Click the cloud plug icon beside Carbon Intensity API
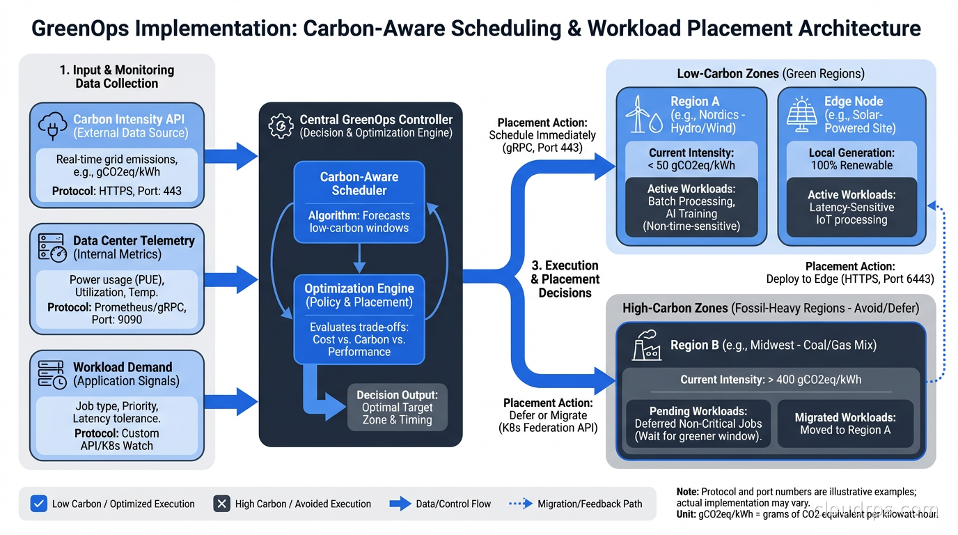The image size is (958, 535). click(54, 126)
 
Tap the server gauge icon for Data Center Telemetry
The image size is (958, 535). click(52, 248)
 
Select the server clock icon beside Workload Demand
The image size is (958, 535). click(52, 374)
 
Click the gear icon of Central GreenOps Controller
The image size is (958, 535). click(280, 125)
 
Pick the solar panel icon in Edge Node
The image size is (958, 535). click(801, 115)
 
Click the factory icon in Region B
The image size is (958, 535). click(647, 346)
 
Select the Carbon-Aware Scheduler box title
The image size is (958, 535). click(359, 184)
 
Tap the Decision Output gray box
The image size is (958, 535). click(396, 407)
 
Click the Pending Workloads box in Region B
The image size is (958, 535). click(698, 424)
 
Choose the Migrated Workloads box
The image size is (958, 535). click(845, 424)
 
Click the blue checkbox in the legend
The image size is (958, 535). click(39, 504)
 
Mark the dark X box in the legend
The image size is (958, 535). click(222, 504)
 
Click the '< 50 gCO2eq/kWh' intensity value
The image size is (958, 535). click(691, 166)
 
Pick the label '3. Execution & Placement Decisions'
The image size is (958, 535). click(565, 279)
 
